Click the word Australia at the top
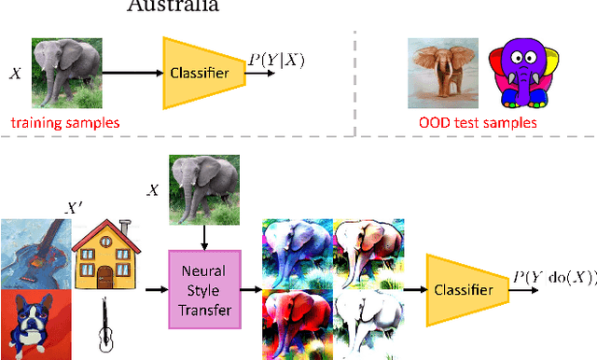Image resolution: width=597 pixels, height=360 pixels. coord(174,6)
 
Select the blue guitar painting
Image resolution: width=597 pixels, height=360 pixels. coord(32,252)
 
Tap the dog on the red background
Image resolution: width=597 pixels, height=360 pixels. coord(32,324)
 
